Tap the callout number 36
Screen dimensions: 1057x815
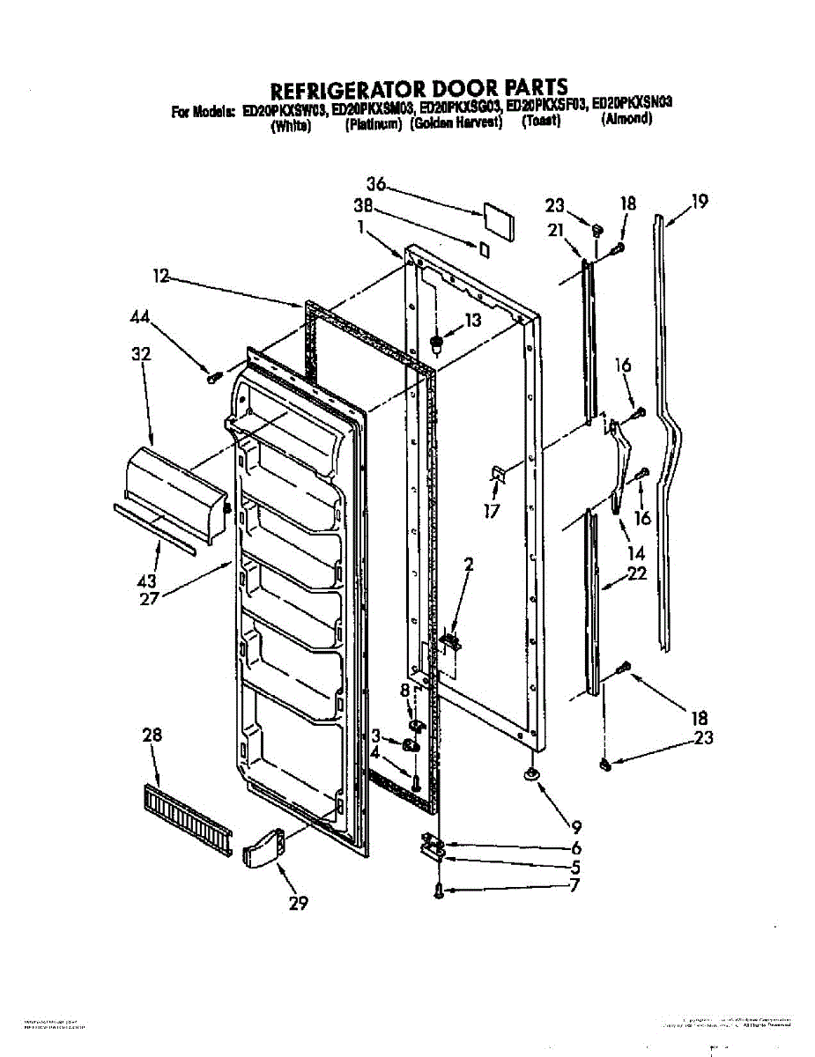point(377,184)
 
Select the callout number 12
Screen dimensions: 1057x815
point(160,277)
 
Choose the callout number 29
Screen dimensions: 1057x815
point(299,903)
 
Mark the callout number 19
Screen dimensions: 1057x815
point(699,202)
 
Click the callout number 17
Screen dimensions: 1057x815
point(491,511)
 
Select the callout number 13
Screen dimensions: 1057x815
point(472,322)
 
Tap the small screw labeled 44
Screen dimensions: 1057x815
point(212,378)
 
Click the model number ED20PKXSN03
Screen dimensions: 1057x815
point(633,103)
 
